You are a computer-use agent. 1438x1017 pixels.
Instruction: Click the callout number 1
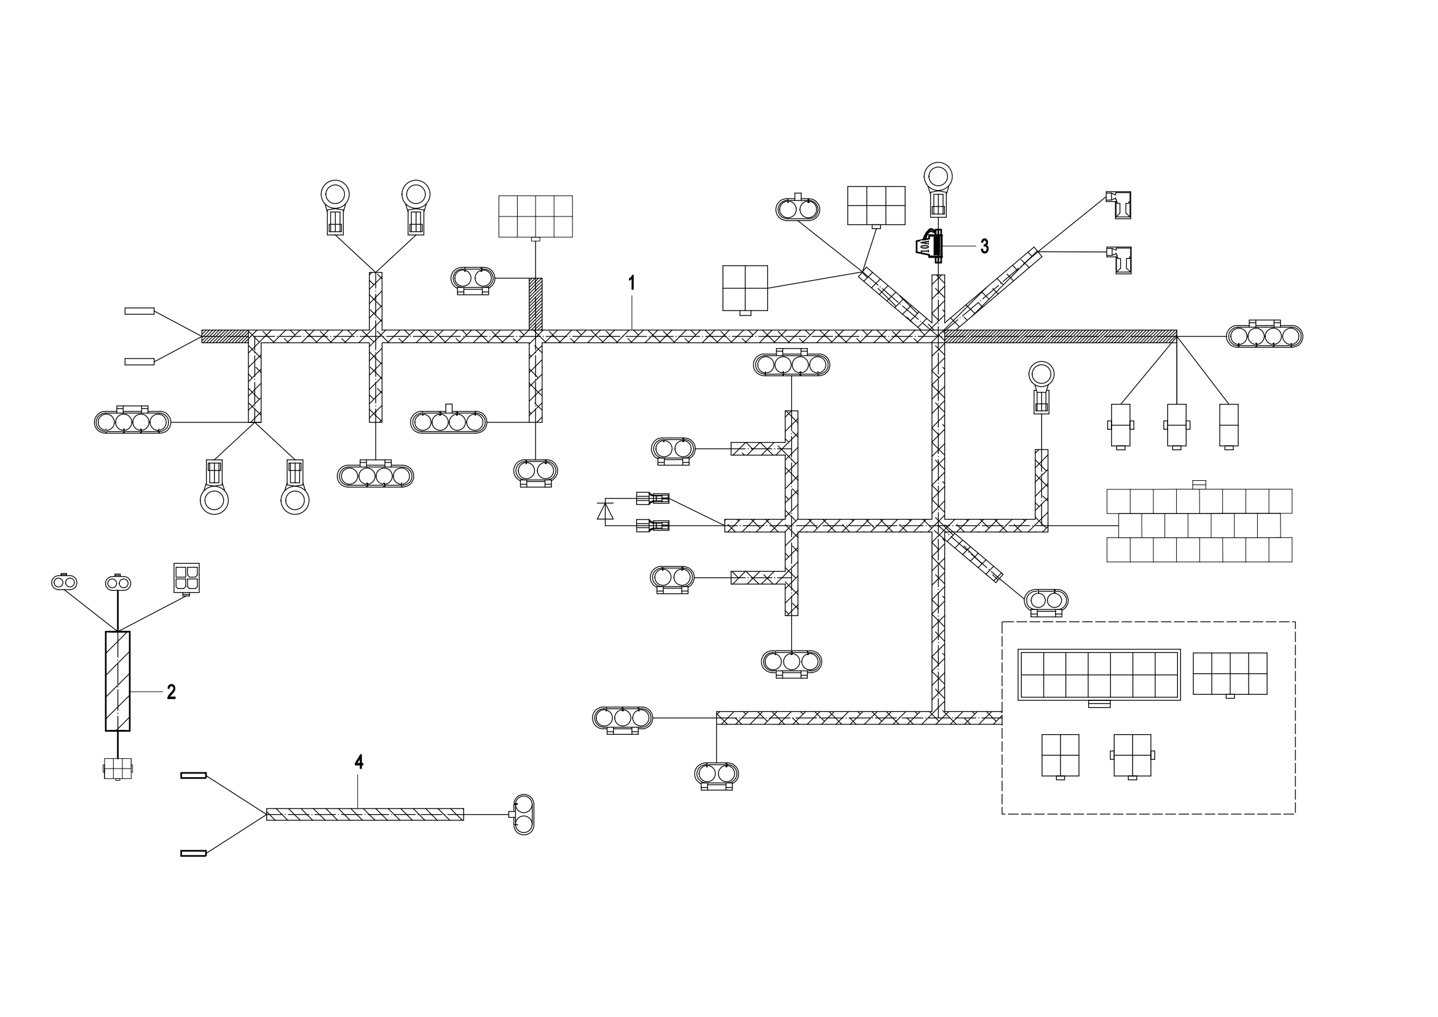632,283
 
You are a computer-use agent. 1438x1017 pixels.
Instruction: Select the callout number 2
171,692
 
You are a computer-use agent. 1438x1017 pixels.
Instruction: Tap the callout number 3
984,247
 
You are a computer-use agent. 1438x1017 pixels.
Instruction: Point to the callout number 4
359,762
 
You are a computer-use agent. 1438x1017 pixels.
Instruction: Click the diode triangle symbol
605,511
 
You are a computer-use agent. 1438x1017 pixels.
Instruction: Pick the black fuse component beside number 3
930,245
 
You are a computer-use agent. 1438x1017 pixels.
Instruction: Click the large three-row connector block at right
1199,525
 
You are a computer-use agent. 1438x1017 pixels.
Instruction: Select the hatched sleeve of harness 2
118,681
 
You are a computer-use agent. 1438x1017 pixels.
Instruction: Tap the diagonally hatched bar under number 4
365,814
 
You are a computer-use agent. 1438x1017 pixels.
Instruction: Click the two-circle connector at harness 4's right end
524,814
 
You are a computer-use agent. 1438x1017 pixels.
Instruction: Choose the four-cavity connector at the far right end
1264,336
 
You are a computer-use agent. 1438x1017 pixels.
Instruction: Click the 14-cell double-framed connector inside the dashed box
1099,675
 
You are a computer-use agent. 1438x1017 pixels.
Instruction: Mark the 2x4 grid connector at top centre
535,216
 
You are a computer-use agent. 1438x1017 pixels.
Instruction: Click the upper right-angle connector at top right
1120,205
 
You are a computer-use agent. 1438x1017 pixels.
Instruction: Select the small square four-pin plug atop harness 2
186,578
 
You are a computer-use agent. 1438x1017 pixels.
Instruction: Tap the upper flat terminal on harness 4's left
194,775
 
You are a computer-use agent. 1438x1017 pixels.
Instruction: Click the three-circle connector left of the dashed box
622,718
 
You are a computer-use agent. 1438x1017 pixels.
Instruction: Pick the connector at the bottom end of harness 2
118,769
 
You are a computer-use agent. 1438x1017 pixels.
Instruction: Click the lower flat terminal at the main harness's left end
140,362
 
